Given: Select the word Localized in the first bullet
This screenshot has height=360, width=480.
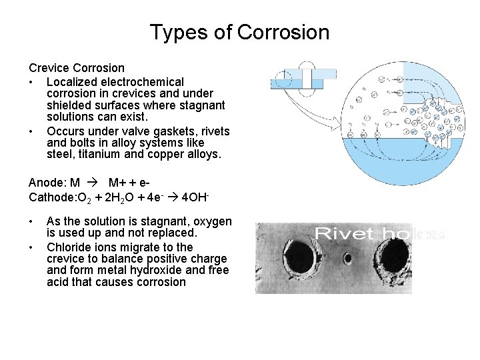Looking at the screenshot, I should pyautogui.click(x=73, y=81).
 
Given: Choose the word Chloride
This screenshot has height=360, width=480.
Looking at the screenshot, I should pyautogui.click(x=69, y=246).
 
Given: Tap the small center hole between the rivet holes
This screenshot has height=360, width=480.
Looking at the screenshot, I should pyautogui.click(x=347, y=257).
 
